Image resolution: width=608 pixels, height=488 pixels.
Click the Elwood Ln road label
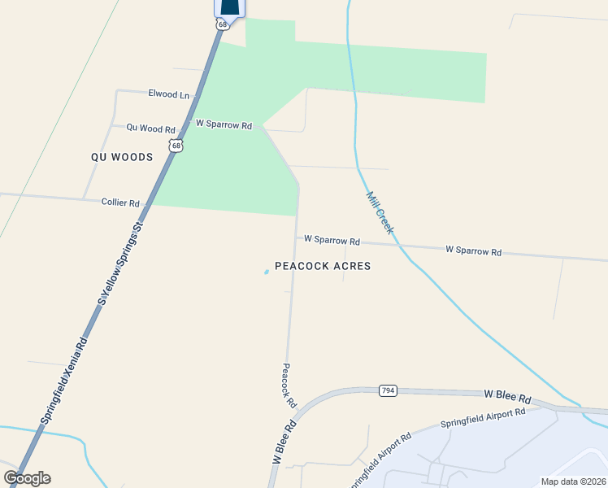coord(168,94)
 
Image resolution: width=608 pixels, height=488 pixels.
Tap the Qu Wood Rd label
coord(150,129)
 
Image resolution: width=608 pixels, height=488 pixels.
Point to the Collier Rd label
coord(120,203)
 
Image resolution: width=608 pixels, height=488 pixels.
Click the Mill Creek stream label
coord(380,213)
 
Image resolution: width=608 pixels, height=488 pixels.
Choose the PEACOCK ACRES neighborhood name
coord(323,266)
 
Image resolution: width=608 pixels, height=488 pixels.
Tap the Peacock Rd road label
coord(289,386)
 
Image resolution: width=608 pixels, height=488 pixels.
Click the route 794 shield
coord(388,391)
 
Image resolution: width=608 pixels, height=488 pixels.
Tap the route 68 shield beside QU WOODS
coord(176,146)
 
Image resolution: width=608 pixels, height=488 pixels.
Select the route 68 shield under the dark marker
coord(222,24)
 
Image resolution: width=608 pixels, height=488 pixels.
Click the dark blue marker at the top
coord(230,7)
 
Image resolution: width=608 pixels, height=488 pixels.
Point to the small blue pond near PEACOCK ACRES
coord(266,272)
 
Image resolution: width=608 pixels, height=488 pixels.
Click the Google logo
coord(27,478)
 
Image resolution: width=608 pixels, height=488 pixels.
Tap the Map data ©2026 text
coord(573,481)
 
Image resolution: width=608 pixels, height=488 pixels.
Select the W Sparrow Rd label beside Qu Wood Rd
coord(224,125)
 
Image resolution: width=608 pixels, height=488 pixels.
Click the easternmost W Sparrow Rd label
coord(473,251)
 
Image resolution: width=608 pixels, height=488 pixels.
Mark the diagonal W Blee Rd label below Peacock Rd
coord(284,442)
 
